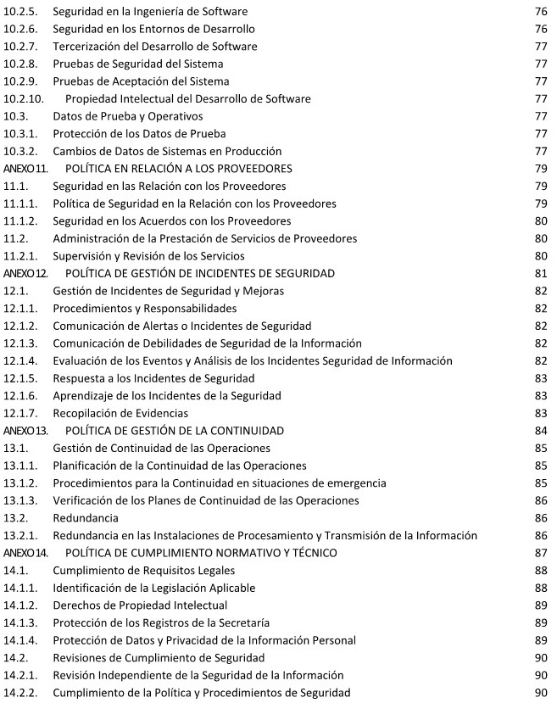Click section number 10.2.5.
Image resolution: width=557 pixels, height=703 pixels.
point(20,11)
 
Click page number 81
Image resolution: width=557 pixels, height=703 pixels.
point(539,273)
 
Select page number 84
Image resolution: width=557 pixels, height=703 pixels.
point(539,430)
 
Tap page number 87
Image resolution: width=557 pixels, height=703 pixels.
point(539,553)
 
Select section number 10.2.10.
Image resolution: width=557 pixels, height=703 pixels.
point(23,98)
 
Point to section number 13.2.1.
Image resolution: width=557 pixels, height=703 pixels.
point(20,535)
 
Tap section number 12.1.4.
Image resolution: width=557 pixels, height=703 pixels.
point(20,360)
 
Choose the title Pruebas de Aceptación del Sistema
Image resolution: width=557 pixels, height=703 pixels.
point(141,81)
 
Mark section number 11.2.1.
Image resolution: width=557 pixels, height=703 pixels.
point(20,255)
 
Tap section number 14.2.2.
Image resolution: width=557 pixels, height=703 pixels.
point(20,693)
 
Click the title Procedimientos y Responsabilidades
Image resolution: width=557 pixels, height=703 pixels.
point(145,308)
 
